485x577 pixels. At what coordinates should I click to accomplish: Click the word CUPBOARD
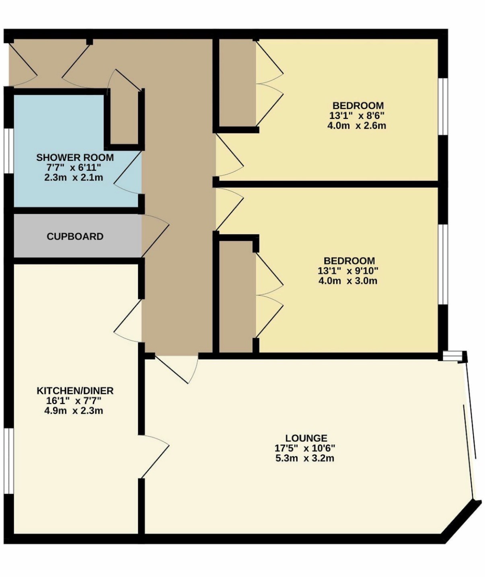(x=75, y=236)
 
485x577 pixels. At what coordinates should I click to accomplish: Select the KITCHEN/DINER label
(x=75, y=391)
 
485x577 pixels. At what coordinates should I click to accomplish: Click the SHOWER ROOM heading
(x=75, y=158)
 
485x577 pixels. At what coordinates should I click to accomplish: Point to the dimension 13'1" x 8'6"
(x=358, y=115)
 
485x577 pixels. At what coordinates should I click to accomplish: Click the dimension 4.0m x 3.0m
(x=348, y=281)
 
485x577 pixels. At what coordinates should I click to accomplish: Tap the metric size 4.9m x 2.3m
(x=74, y=411)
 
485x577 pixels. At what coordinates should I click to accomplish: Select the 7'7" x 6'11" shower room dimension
(x=74, y=167)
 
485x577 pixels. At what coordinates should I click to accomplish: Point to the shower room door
(x=128, y=173)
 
